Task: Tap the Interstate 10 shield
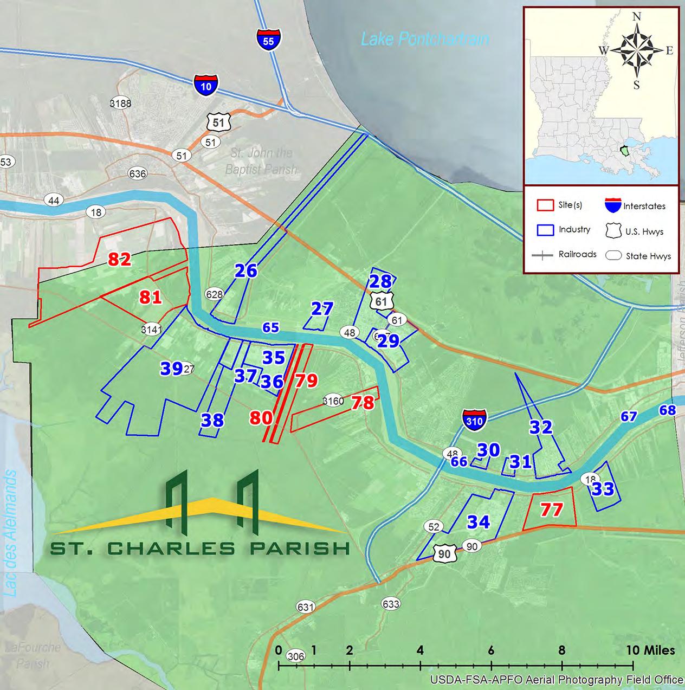[206, 85]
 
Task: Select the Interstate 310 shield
[474, 420]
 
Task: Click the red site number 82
[119, 260]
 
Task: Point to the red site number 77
[552, 509]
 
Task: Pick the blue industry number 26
[246, 270]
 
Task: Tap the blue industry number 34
[479, 522]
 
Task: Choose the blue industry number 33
[603, 489]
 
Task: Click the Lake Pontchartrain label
[425, 39]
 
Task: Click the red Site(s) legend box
[545, 205]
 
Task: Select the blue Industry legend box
[545, 230]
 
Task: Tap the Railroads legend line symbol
[542, 255]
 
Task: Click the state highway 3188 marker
[120, 104]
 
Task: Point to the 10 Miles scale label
[650, 650]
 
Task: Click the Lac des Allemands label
[11, 534]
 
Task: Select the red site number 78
[363, 403]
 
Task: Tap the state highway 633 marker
[391, 604]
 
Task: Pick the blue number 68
[667, 410]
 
